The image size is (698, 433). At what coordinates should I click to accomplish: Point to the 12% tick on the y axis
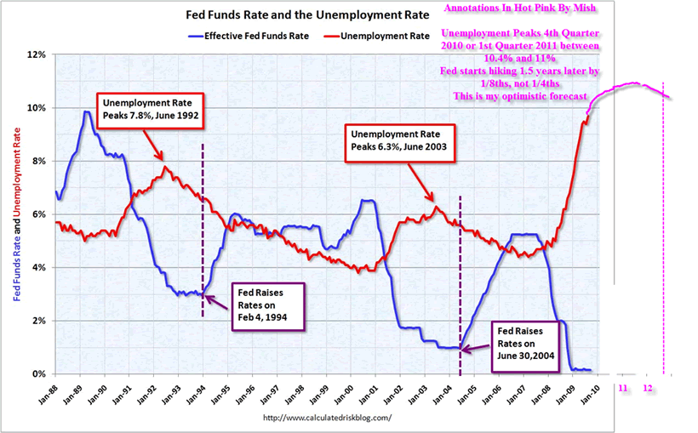pos(37,54)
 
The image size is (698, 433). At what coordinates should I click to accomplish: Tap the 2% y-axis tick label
pos(40,321)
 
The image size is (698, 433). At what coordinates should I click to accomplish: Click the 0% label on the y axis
pos(40,373)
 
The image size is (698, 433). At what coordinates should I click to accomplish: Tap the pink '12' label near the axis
pos(648,387)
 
